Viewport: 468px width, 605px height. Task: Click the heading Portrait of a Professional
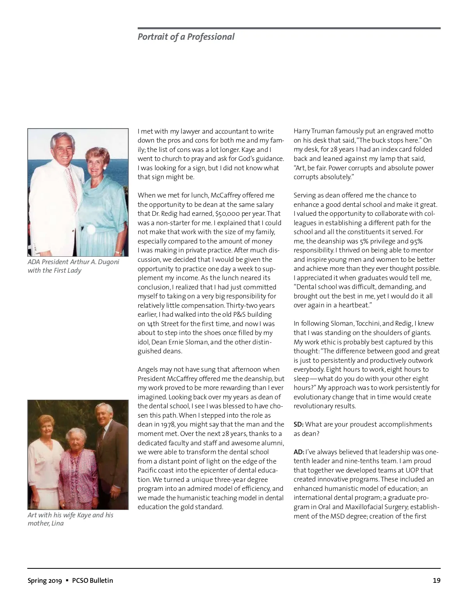186,37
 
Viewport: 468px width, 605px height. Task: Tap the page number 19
436,580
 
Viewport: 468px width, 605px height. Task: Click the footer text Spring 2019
44,580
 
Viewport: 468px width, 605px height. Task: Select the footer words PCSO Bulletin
92,580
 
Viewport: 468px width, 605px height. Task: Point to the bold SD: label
298,424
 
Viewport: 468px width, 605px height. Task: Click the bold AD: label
299,452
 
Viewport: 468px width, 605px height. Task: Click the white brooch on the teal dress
91,229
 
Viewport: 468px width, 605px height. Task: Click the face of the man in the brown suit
103,416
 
